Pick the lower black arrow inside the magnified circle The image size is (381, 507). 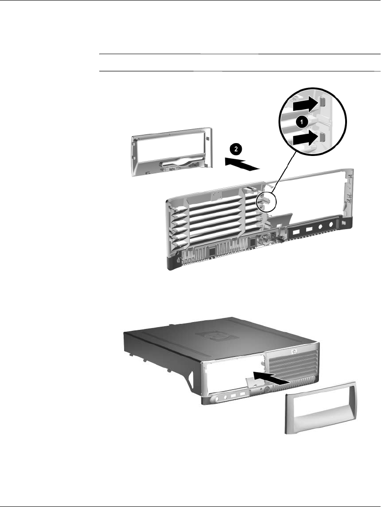pyautogui.click(x=306, y=139)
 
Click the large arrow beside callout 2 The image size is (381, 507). pyautogui.click(x=242, y=164)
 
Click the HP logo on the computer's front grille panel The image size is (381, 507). pyautogui.click(x=294, y=351)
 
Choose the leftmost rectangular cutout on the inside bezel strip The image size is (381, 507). pyautogui.click(x=296, y=231)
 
